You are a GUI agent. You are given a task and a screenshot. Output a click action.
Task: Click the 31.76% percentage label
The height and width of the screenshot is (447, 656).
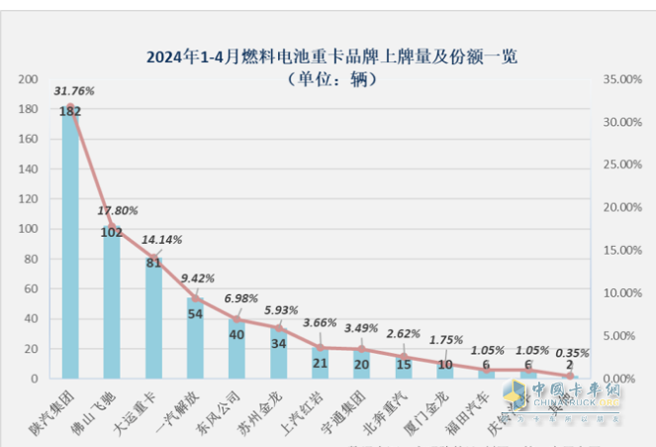pos(74,91)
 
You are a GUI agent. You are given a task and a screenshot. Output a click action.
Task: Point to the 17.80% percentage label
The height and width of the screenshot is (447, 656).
pos(118,210)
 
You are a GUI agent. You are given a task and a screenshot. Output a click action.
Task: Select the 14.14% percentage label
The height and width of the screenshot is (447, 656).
pos(160,239)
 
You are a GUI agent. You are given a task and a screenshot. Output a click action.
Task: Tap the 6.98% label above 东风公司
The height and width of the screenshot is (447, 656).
pos(242,298)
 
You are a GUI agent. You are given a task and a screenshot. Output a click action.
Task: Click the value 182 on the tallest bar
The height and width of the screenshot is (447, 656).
pos(70,112)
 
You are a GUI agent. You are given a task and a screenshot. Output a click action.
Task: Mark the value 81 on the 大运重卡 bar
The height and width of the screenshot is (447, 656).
pos(154,264)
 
